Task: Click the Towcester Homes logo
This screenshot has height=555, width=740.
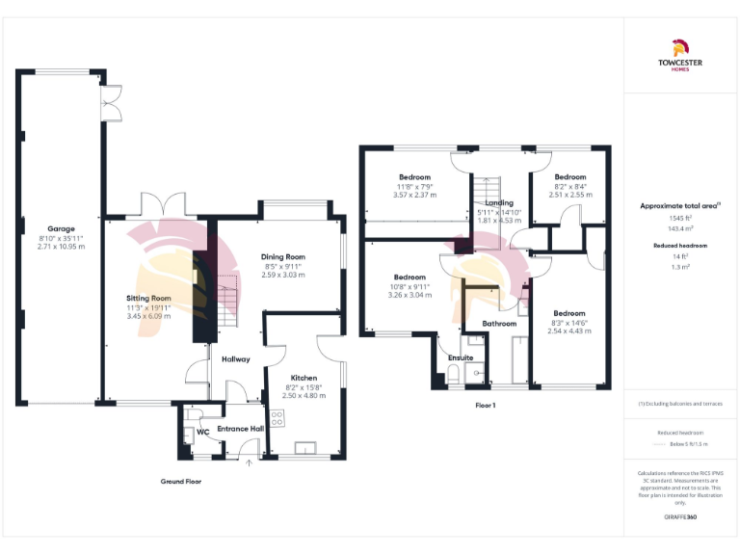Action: click(x=679, y=57)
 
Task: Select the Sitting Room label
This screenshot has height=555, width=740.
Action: click(x=147, y=299)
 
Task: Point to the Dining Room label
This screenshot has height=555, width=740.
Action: click(x=282, y=257)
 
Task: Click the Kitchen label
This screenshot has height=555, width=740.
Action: click(x=304, y=378)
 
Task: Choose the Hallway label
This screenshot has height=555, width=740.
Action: click(x=236, y=359)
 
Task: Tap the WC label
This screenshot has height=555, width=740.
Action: click(x=202, y=432)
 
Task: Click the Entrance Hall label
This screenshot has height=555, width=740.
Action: click(x=240, y=428)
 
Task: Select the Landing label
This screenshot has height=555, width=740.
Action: click(x=499, y=203)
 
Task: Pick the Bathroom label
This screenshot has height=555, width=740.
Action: click(x=499, y=324)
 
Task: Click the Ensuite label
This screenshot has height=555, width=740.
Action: click(x=462, y=358)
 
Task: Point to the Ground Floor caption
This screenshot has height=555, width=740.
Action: click(x=181, y=481)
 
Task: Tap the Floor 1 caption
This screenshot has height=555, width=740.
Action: click(x=485, y=406)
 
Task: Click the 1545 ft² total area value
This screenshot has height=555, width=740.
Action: click(x=679, y=219)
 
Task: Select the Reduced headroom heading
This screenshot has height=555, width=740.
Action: click(x=679, y=246)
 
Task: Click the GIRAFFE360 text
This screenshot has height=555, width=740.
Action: click(x=679, y=517)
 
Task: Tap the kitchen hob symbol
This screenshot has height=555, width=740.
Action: click(x=278, y=418)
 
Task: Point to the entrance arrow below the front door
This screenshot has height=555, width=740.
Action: click(x=250, y=462)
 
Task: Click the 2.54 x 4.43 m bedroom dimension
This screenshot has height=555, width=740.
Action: click(x=568, y=330)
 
